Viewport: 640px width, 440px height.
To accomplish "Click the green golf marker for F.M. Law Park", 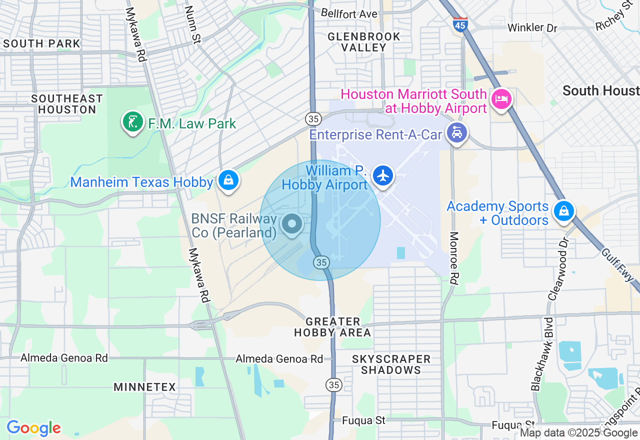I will point(132,122).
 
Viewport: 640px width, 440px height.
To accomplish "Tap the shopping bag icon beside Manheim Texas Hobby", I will point(228,180).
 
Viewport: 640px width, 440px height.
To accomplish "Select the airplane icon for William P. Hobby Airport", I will point(383,176).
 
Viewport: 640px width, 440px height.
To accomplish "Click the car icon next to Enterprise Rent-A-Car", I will point(456,133).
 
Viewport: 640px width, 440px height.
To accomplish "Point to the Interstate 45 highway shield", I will point(460,23).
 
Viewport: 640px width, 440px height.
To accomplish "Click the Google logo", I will point(33,428).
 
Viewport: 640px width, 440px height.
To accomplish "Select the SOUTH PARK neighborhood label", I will point(41,43).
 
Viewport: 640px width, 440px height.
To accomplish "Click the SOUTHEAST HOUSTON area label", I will point(67,104).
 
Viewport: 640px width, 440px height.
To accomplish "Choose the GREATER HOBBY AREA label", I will point(332,327).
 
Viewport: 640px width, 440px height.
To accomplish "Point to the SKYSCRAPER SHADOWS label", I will point(391,364).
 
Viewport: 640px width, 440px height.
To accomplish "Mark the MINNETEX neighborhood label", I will point(144,387).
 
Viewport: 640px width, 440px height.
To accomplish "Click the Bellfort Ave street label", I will point(348,13).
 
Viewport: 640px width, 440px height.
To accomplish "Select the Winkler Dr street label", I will point(532,27).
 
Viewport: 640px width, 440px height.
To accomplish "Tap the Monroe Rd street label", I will point(454,258).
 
